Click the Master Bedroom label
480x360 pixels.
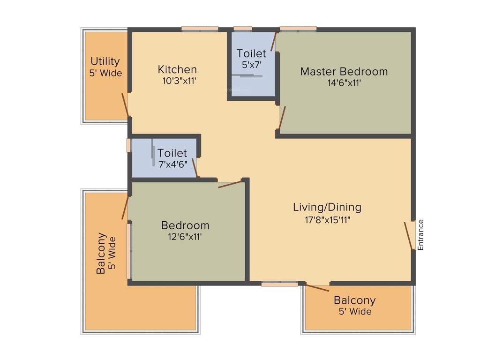pos(344,72)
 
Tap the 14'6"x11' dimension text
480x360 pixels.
pos(344,83)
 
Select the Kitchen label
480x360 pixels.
pos(177,69)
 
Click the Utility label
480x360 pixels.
pos(105,61)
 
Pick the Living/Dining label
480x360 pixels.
pos(327,207)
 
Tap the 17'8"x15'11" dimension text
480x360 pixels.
pos(327,219)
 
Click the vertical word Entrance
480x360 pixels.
pos(420,235)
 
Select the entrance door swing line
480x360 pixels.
pos(408,236)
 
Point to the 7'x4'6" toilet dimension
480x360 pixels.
pos(172,164)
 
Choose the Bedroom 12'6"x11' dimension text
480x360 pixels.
pos(185,237)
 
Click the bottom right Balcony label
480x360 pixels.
pos(354,300)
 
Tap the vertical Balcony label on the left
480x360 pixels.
pos(101,253)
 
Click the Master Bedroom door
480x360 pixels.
pos(282,118)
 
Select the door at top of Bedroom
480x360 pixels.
pos(230,184)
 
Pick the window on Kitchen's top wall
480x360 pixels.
pos(200,29)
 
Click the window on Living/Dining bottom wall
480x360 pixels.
pos(280,284)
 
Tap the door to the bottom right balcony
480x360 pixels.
pos(317,287)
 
